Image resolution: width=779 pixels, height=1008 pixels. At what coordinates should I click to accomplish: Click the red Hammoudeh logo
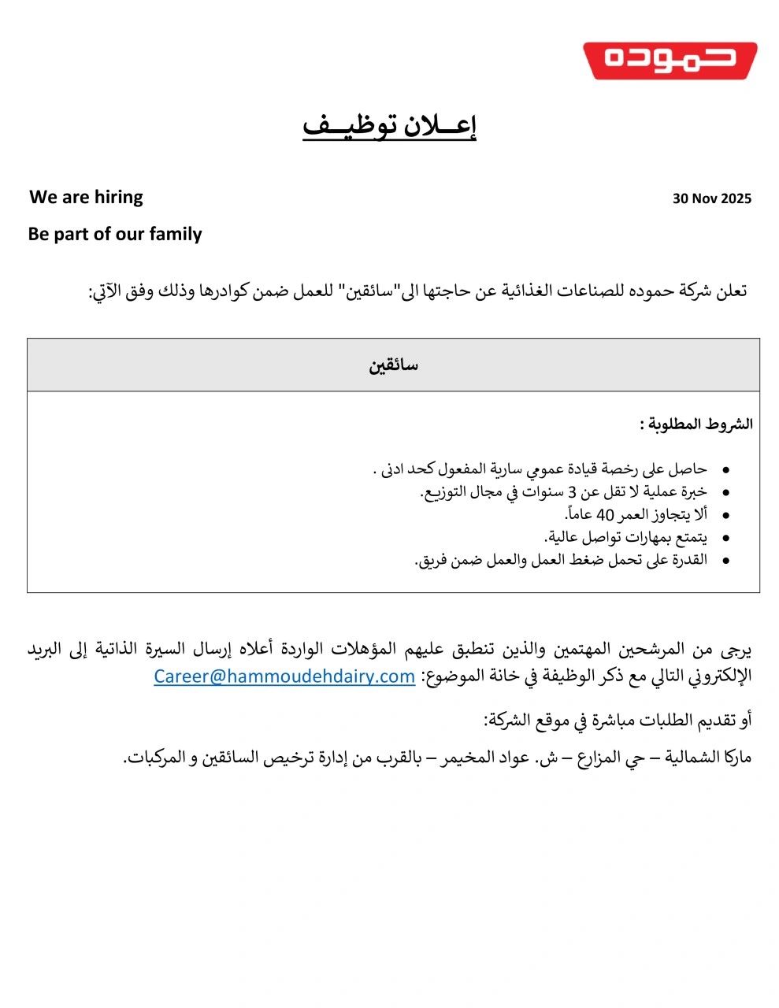coord(670,61)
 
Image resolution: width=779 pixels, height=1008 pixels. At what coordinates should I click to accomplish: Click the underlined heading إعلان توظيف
coord(390,126)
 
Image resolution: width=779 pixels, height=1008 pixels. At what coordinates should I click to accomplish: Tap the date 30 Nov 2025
coord(711,198)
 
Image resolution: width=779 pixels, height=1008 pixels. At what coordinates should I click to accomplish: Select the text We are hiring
coord(86,197)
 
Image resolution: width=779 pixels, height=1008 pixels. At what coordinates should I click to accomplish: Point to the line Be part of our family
coord(115,234)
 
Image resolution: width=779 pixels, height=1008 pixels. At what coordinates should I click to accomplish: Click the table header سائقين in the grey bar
coord(393,365)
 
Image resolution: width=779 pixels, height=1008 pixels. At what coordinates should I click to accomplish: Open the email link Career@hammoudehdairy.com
coord(284,676)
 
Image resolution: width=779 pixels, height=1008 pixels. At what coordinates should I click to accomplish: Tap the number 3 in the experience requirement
coord(573,492)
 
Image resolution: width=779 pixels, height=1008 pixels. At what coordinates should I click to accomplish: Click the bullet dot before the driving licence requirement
coord(725,470)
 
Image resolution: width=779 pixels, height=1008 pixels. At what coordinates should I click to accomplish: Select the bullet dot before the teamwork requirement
coord(725,561)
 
